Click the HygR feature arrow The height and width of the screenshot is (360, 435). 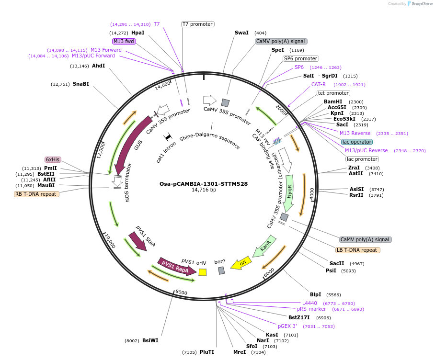point(289,191)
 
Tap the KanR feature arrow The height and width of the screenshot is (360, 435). point(264,246)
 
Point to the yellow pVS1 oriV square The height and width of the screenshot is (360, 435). point(203,272)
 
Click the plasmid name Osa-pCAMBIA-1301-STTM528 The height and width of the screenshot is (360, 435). point(204,183)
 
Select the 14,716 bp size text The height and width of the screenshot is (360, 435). point(204,190)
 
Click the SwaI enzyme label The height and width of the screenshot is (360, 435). point(241,33)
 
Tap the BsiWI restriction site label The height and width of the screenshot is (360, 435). point(150,341)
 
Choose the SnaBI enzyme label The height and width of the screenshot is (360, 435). point(81,84)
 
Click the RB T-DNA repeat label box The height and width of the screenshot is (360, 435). point(37,194)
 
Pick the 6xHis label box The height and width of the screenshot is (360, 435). point(53,159)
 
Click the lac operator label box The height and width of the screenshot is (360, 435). point(357,142)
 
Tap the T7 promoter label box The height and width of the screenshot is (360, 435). point(198,24)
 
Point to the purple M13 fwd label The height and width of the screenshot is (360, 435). point(124,41)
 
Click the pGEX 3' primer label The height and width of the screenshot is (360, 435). point(287,326)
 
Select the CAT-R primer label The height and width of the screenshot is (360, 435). point(319,84)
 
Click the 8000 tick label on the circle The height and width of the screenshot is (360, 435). point(181,292)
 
